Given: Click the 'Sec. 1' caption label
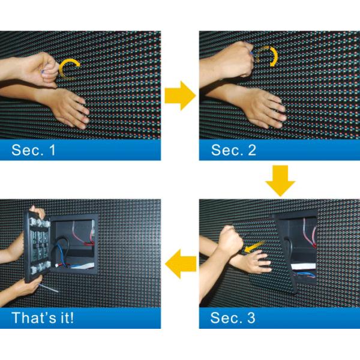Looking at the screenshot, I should (x=34, y=150).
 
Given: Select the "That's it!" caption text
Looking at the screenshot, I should (x=42, y=317).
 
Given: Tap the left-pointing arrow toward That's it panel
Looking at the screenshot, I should (x=181, y=264).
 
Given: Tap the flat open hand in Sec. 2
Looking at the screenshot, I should (x=264, y=108).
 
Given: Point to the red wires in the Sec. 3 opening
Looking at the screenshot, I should (x=308, y=231).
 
